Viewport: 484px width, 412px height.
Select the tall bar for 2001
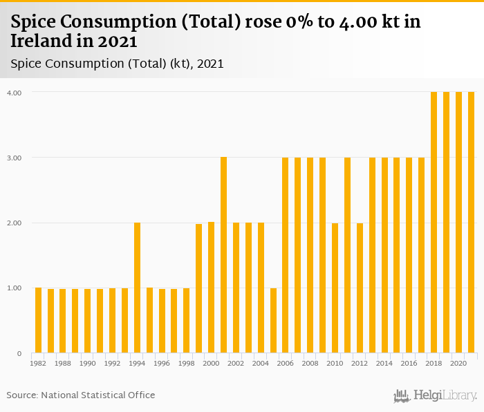(x=224, y=255)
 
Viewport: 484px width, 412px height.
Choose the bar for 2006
(x=286, y=255)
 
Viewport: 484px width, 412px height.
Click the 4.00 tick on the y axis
(x=14, y=93)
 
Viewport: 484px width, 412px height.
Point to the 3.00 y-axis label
(x=14, y=158)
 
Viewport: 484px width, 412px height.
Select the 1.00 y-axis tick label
(x=14, y=288)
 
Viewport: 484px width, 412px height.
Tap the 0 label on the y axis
(x=19, y=354)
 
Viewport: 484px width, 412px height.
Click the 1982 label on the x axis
(x=38, y=363)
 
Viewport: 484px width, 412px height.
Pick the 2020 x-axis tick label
(x=458, y=363)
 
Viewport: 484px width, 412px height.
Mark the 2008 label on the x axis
(x=310, y=363)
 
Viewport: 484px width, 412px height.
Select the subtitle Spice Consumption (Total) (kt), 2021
(x=117, y=64)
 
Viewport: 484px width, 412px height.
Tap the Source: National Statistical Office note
(x=81, y=395)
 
